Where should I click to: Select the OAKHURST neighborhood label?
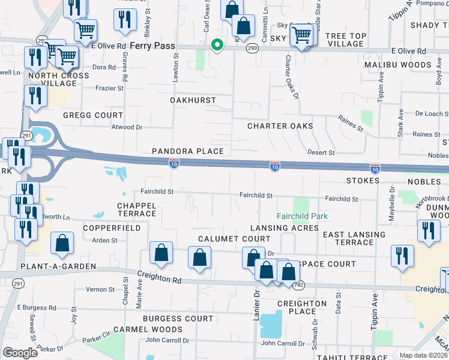(193, 100)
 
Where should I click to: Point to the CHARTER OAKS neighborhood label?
(280, 126)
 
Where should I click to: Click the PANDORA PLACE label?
(187, 151)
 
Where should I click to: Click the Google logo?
(20, 352)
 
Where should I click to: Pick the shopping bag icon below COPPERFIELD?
(62, 244)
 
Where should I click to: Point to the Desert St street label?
(321, 152)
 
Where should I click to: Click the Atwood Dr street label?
(127, 127)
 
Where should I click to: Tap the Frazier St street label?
(110, 88)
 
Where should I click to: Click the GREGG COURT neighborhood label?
(92, 115)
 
